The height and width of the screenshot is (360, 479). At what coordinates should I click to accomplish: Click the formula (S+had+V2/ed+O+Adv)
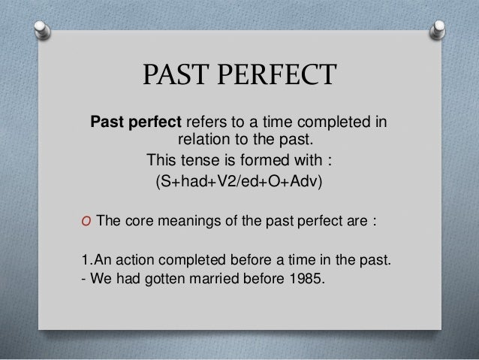tap(239, 183)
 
